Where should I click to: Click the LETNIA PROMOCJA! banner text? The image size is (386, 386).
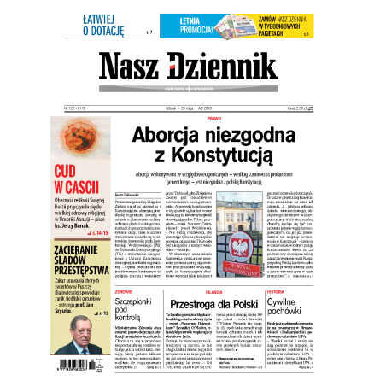180,24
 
